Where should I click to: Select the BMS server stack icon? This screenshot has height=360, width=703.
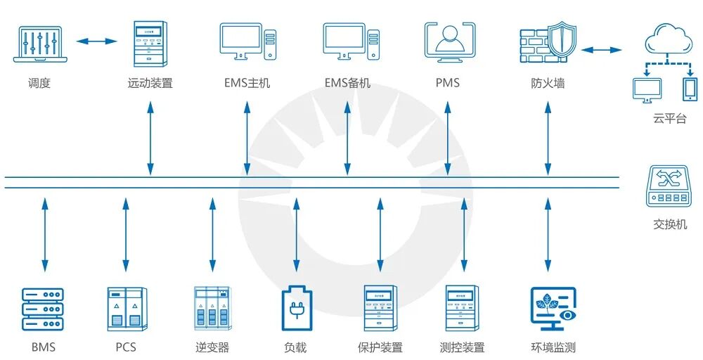click(44, 308)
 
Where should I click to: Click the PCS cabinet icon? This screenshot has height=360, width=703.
click(127, 308)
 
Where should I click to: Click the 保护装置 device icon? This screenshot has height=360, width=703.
click(380, 308)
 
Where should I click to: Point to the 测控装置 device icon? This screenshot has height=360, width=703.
click(463, 308)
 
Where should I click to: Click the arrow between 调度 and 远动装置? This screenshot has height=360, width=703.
click(96, 41)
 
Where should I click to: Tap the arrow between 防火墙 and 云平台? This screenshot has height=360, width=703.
click(602, 50)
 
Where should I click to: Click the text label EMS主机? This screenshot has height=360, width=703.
click(247, 83)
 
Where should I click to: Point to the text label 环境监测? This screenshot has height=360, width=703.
click(553, 347)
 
